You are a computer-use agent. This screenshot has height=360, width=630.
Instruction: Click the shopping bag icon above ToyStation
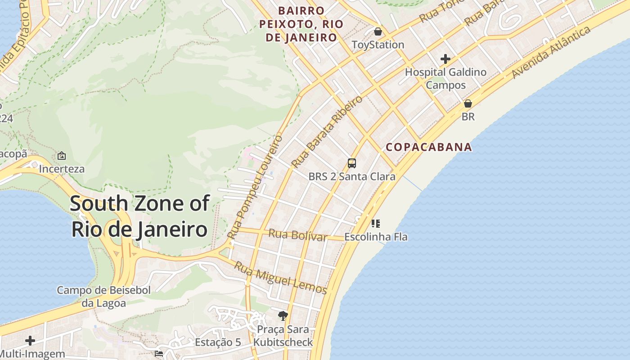[x=378, y=31]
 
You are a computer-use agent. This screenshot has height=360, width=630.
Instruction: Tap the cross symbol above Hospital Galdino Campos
[x=445, y=59]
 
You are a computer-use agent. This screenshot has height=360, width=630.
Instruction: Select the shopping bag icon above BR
[x=468, y=103]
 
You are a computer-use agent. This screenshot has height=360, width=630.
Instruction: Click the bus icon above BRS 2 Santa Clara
[x=352, y=163]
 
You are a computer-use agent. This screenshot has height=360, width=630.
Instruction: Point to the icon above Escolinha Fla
[x=376, y=223]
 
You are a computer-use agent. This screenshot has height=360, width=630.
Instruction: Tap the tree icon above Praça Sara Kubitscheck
[x=283, y=316]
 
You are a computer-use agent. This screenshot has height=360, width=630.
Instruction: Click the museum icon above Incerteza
[x=62, y=156]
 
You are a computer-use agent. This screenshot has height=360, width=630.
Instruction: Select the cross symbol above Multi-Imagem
[x=30, y=341]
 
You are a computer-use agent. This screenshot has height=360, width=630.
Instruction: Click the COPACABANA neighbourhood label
[x=429, y=147]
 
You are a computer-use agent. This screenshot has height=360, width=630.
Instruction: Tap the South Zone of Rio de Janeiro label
[x=139, y=216]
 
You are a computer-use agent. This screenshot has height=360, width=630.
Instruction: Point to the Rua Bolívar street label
[x=297, y=235]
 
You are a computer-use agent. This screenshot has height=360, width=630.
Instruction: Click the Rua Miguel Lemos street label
[x=280, y=278]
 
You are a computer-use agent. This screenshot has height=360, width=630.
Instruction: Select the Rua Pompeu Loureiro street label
[x=255, y=186]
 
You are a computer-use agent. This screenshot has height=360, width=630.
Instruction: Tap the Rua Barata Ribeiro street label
[x=327, y=131]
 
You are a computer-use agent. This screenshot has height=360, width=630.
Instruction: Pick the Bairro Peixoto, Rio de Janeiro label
[x=301, y=24]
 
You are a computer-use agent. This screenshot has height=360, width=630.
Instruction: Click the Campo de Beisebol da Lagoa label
[x=103, y=297]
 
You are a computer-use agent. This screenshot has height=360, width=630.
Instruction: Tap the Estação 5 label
[x=218, y=342]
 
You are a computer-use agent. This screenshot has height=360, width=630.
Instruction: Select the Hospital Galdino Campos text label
[x=445, y=78]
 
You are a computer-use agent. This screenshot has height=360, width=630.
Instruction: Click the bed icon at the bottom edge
[x=158, y=354]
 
